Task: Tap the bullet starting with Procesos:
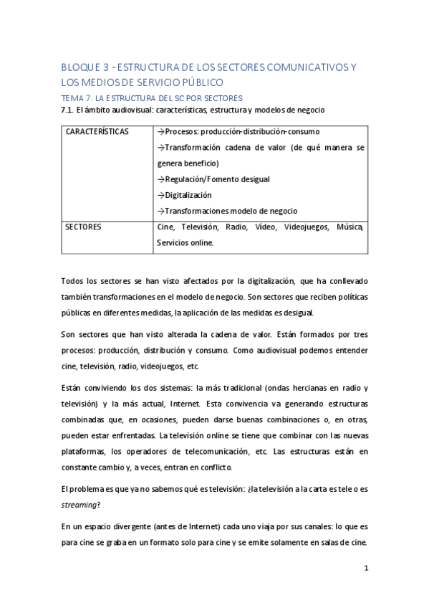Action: click(x=237, y=132)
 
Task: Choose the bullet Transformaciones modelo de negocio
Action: click(x=226, y=211)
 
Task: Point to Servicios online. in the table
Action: click(x=185, y=243)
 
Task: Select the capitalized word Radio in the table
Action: click(x=228, y=227)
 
